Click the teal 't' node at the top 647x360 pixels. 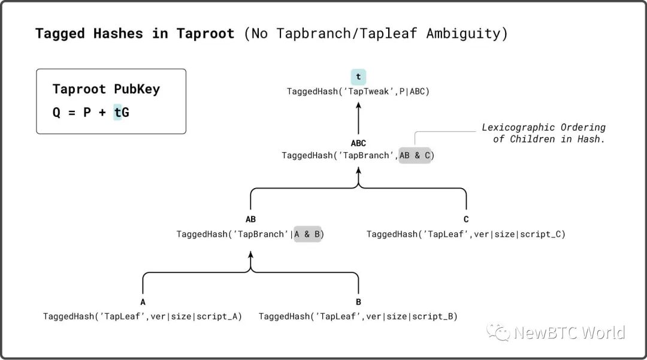(x=358, y=77)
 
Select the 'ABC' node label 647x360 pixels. (x=358, y=143)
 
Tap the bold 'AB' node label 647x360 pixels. (x=250, y=219)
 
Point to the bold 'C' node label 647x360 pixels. (x=466, y=219)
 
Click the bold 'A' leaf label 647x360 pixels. (x=143, y=302)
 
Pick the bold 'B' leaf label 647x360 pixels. (x=358, y=302)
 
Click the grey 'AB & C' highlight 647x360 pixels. (x=415, y=156)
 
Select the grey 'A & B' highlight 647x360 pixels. (x=307, y=234)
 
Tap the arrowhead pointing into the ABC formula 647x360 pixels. (x=358, y=170)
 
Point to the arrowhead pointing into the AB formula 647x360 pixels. (x=250, y=255)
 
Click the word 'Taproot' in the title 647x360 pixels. (x=205, y=34)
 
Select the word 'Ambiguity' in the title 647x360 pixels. (x=463, y=34)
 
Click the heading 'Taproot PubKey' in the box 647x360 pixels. (x=106, y=89)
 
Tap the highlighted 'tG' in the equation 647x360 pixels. (x=121, y=112)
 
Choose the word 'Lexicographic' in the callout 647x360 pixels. (x=518, y=127)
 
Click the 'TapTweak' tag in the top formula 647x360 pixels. (x=368, y=91)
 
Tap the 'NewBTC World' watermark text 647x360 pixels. (x=570, y=332)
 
